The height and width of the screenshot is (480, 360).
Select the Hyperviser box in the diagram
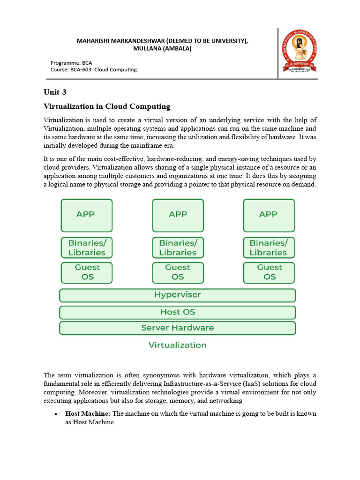[177, 295]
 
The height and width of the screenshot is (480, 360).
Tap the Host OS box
[177, 312]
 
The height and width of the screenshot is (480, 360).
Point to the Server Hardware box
[177, 328]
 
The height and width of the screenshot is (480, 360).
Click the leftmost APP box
[87, 215]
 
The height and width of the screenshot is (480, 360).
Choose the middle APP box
[178, 215]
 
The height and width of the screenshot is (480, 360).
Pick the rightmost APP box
[269, 215]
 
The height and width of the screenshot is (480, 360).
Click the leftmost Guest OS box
[87, 272]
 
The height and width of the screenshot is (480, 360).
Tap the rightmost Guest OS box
[269, 272]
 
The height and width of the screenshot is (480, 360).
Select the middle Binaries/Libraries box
[178, 247]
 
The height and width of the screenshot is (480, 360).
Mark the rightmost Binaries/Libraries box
[269, 247]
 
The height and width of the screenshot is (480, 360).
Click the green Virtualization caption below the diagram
[177, 345]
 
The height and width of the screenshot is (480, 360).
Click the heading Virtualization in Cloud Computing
[107, 106]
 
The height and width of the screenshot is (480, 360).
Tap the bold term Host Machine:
[88, 414]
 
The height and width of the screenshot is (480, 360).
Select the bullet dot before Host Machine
[56, 414]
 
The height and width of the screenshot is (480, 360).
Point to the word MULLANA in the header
[146, 48]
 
